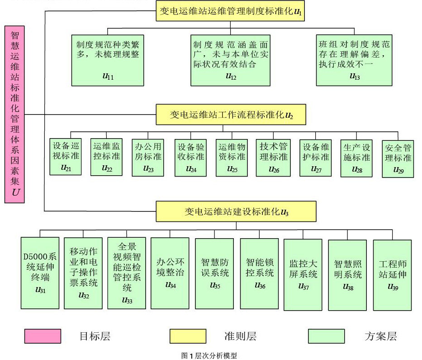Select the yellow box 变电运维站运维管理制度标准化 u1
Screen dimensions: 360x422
(x=230, y=11)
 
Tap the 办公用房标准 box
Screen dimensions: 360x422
(x=148, y=157)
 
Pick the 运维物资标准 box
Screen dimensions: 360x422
(x=232, y=157)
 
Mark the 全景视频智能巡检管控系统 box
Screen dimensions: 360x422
(x=127, y=273)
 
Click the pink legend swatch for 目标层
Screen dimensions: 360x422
(x=43, y=336)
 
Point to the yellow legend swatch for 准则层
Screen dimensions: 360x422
(x=188, y=336)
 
